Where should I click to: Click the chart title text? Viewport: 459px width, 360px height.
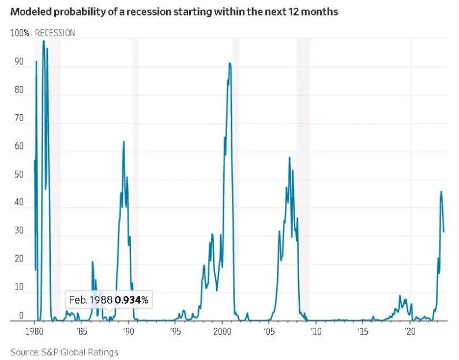[x=174, y=12]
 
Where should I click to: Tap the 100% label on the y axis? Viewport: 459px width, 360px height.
[x=20, y=33]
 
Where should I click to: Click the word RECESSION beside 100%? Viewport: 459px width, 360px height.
[x=55, y=33]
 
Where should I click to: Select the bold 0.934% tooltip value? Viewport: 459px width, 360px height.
[x=131, y=300]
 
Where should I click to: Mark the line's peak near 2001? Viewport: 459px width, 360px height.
[x=230, y=63]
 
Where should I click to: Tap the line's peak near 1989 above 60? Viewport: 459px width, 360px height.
[x=123, y=141]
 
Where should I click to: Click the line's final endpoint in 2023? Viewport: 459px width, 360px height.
[x=443, y=232]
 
